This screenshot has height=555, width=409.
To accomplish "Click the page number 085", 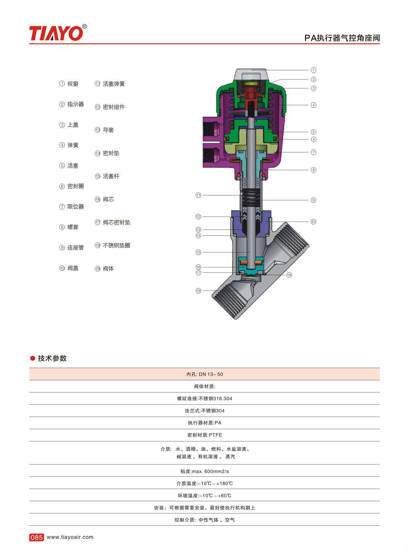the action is pyautogui.click(x=36, y=538).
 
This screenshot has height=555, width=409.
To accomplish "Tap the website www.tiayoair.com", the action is pyautogui.click(x=70, y=537).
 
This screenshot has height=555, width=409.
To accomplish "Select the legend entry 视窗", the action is pyautogui.click(x=69, y=84).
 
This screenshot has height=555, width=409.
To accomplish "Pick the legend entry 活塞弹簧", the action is pyautogui.click(x=110, y=84).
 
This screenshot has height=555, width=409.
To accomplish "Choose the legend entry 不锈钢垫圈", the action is pyautogui.click(x=112, y=245).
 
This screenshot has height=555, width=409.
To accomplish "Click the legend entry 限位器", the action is pyautogui.click(x=72, y=206).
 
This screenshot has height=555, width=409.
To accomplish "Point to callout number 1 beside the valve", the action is pyautogui.click(x=314, y=70).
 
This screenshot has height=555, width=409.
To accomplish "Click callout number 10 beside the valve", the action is pyautogui.click(x=314, y=222).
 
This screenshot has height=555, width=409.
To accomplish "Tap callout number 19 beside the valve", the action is pyautogui.click(x=198, y=291).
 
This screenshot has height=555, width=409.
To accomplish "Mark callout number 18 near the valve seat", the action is pyautogui.click(x=289, y=275).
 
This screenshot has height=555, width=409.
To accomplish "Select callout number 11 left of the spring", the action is pyautogui.click(x=198, y=195).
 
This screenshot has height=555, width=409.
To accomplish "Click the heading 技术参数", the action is pyautogui.click(x=52, y=358).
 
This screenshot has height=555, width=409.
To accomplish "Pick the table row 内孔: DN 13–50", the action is pyautogui.click(x=204, y=374).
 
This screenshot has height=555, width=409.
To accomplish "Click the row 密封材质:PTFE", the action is pyautogui.click(x=204, y=435).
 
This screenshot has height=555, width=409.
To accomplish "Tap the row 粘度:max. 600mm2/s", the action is pyautogui.click(x=204, y=471).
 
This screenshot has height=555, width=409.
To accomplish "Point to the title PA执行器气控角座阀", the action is pyautogui.click(x=342, y=38).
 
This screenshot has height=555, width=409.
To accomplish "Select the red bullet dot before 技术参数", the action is pyautogui.click(x=32, y=358).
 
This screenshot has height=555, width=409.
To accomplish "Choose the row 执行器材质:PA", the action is pyautogui.click(x=204, y=423).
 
